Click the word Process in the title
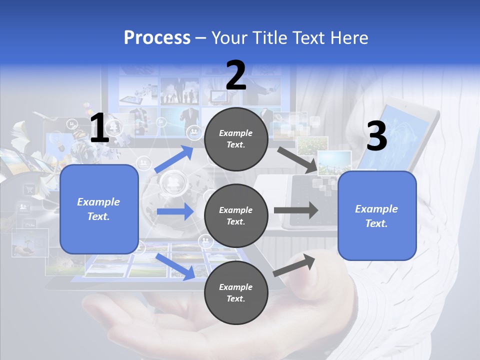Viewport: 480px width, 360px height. pos(157,37)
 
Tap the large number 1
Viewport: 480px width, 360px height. pos(99,128)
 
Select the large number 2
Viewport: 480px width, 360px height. pos(236,75)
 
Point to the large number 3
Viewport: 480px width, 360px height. pos(376,136)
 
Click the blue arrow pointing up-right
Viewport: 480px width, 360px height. pos(174,159)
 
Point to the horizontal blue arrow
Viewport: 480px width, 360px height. pos(174,211)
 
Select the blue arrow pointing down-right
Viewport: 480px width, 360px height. pos(175,266)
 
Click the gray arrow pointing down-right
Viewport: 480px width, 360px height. pos(297,159)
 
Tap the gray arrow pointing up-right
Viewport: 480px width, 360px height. pos(294,265)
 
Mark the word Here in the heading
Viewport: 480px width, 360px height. pos(348,37)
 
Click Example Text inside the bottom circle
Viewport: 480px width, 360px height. pos(236,292)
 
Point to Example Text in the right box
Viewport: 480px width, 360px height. pos(376,216)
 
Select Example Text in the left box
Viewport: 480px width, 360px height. pos(98,209)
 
